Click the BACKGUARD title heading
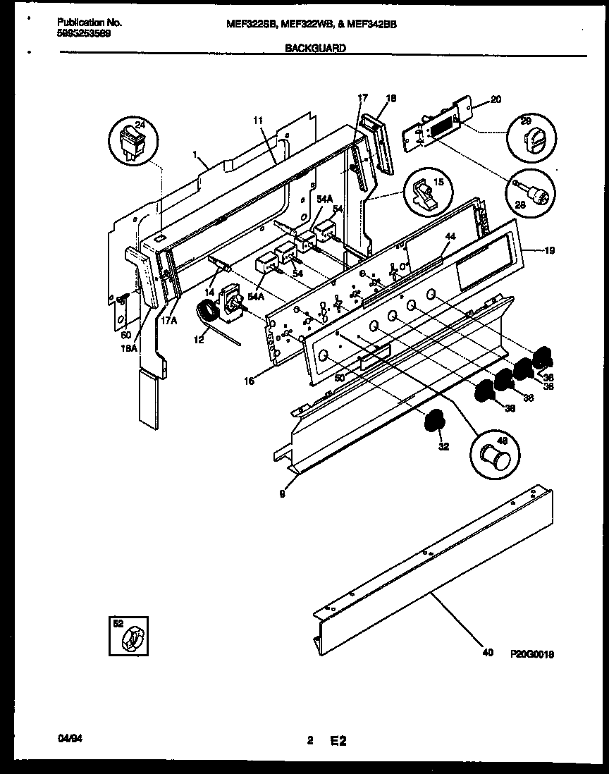click(314, 49)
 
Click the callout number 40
click(487, 653)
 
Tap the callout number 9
click(283, 494)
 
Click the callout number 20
click(496, 99)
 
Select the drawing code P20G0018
click(532, 654)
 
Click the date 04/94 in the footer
click(68, 739)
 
